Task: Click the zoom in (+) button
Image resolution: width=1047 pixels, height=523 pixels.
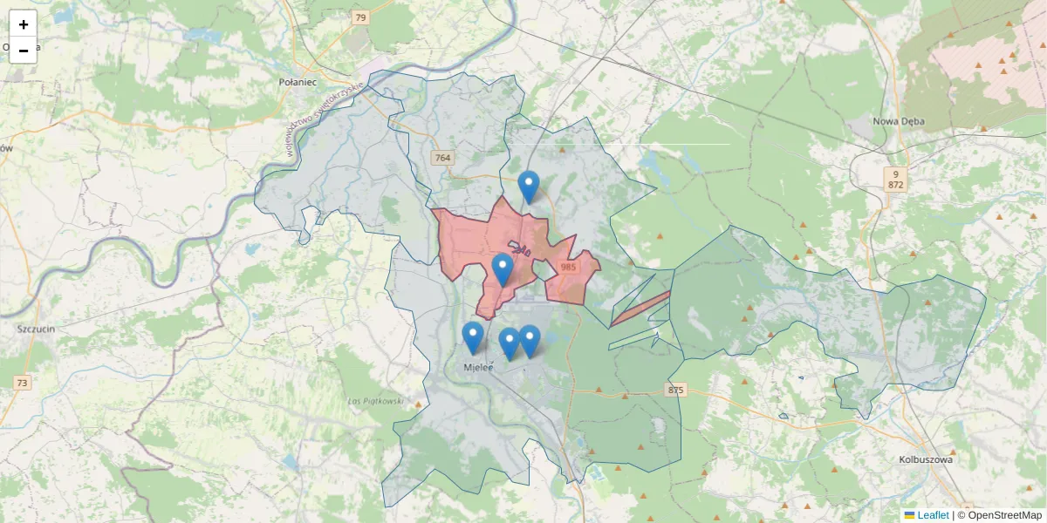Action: (x=24, y=24)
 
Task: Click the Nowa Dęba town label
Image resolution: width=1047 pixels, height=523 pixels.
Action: (x=899, y=121)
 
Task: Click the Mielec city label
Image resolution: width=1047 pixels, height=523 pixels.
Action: (x=478, y=368)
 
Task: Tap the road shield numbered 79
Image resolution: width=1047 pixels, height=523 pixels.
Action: (x=360, y=17)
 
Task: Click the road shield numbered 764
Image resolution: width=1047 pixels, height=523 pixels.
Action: (x=442, y=158)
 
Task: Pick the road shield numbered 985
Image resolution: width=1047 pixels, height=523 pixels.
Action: (x=569, y=268)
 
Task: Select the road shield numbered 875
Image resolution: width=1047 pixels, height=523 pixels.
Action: (x=674, y=390)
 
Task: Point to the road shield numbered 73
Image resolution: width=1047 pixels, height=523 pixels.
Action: (x=22, y=383)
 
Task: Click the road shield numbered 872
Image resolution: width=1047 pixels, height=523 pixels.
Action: (x=895, y=185)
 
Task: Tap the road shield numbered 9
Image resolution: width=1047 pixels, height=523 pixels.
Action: (x=895, y=173)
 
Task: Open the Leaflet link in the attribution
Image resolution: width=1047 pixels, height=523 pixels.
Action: (x=932, y=515)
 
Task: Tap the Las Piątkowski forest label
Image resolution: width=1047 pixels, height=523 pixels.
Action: (x=374, y=401)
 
